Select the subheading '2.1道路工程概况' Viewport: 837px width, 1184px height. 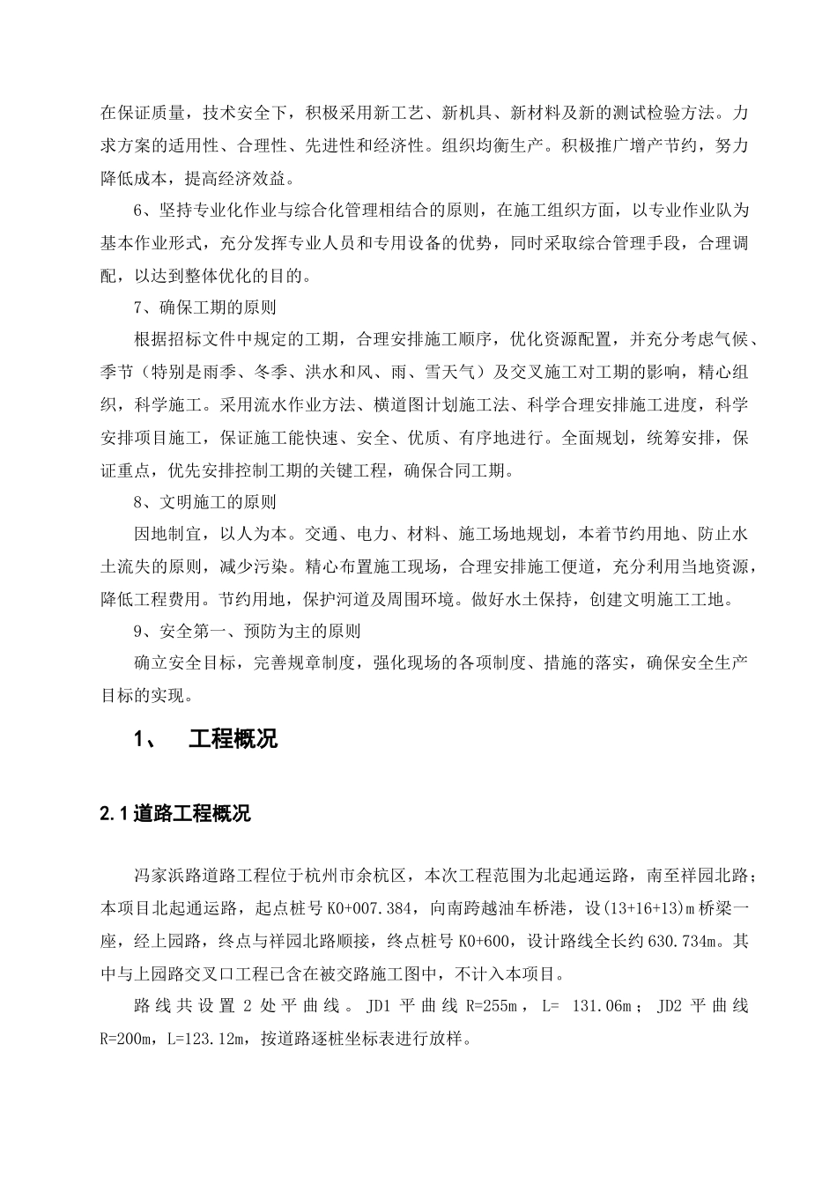click(x=175, y=814)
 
